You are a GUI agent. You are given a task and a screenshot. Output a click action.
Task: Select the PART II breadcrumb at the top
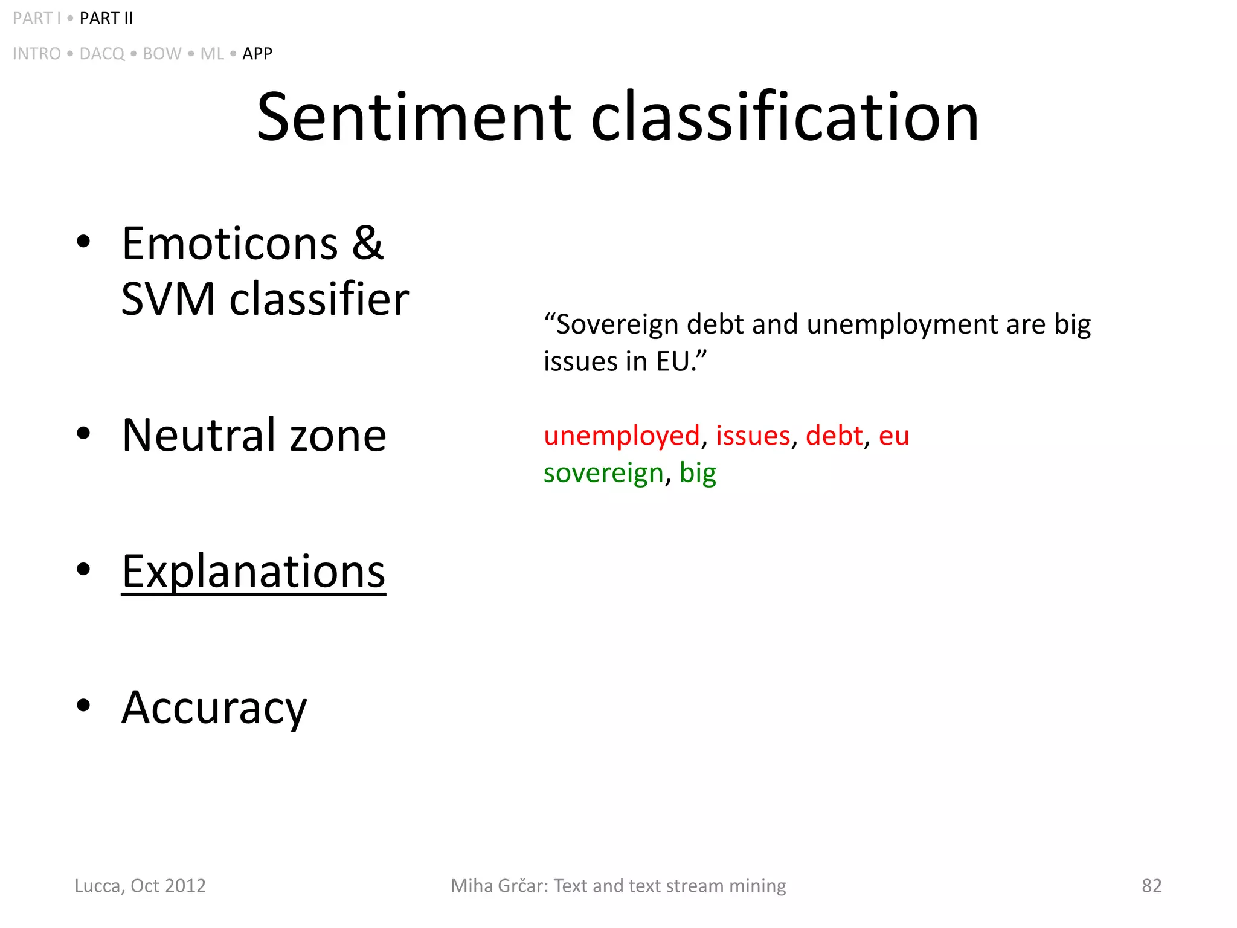(106, 19)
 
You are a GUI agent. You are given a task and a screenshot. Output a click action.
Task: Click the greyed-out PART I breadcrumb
(36, 19)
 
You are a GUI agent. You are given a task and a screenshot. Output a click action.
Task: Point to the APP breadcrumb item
(257, 54)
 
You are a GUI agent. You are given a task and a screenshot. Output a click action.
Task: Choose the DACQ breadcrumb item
(102, 54)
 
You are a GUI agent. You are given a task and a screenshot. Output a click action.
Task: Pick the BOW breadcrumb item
(162, 54)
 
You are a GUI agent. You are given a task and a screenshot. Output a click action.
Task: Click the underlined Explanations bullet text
(254, 571)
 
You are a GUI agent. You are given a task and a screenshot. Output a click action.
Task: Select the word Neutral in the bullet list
(199, 435)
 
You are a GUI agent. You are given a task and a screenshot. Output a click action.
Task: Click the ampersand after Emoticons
(368, 243)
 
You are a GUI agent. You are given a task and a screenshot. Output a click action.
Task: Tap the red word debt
(834, 436)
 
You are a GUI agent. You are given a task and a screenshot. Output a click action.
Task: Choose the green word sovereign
(603, 473)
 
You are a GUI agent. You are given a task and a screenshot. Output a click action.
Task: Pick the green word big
(698, 473)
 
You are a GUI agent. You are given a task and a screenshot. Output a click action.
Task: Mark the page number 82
(1151, 886)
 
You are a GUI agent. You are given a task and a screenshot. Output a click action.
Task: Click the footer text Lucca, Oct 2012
(140, 886)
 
